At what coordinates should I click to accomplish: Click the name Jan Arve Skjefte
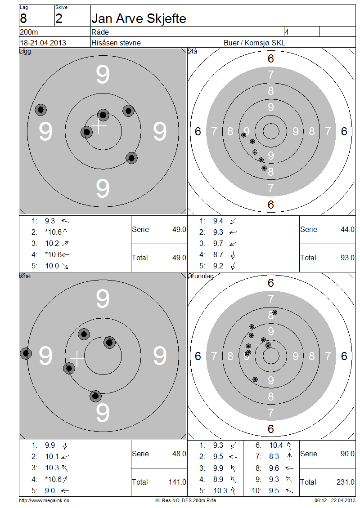click(139, 19)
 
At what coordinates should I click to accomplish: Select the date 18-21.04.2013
click(43, 43)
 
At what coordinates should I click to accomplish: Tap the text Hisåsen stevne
click(116, 43)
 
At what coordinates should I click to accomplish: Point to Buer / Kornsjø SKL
click(254, 43)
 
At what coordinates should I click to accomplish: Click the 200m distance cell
click(29, 32)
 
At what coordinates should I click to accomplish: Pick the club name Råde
click(100, 32)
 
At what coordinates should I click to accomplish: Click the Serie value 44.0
click(347, 229)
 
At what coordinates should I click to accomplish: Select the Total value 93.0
click(347, 258)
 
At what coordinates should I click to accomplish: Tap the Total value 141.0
click(177, 482)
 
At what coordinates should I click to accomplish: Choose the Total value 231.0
click(346, 482)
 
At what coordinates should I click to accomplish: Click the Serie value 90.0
click(347, 454)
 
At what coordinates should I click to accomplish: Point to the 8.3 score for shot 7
click(274, 456)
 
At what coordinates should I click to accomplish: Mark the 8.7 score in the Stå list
click(218, 254)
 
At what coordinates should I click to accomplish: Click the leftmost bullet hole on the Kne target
click(26, 353)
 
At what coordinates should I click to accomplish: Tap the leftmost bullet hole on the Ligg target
click(41, 110)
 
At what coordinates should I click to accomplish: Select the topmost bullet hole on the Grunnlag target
click(274, 312)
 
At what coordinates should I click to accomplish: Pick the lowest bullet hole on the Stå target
click(264, 168)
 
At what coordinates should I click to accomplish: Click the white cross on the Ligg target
click(99, 126)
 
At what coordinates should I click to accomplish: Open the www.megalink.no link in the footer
click(44, 500)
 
